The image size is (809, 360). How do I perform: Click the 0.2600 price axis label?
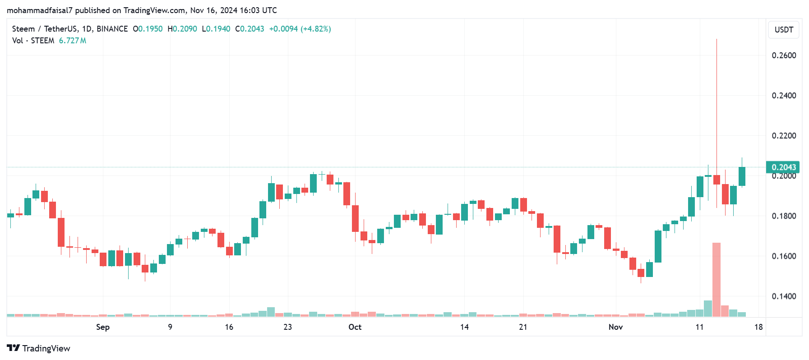784,55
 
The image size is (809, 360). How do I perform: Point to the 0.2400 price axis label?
784,96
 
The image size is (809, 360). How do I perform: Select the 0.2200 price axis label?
784,136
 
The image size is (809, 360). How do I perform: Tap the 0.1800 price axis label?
784,216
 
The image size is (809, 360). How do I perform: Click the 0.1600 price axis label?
784,256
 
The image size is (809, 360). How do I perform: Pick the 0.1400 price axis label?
784,296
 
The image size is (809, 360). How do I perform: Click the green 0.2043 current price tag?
783,167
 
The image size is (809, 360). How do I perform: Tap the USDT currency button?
784,30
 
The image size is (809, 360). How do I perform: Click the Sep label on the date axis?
103,327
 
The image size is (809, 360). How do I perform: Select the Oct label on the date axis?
355,327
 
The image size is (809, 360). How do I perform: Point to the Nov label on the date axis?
615,327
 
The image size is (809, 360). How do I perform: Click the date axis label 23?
288,327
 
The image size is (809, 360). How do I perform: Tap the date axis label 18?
758,327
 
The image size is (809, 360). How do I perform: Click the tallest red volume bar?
716,280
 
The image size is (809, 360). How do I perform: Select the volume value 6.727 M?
72,41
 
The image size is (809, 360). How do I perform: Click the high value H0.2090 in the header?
182,29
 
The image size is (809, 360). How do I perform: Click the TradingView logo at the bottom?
39,348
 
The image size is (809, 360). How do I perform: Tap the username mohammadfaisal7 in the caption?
40,10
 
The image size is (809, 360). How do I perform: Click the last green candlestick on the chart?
742,176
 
